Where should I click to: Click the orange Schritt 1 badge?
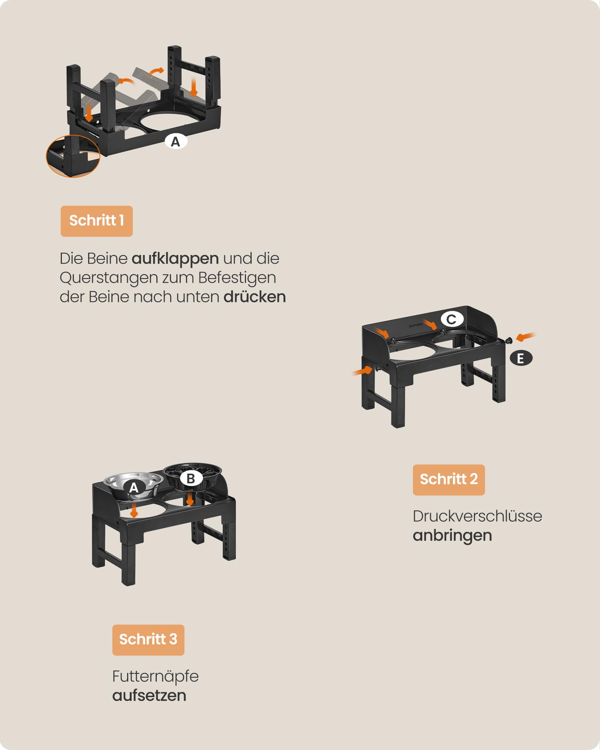coord(97,221)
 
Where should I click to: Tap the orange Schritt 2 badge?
coord(448,480)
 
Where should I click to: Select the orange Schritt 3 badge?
coord(148,640)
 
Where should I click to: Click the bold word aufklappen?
coord(175,259)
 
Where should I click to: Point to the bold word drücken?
coord(255,297)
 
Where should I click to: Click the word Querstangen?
coord(109,278)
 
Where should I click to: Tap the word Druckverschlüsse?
coord(477,516)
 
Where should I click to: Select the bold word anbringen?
coord(452,535)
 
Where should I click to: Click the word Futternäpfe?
coord(155,676)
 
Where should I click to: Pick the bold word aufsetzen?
coord(149,695)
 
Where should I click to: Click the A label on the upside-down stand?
coord(175,142)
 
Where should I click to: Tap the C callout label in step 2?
coord(452,319)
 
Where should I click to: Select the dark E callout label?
coord(521,358)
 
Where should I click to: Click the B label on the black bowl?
coord(190,478)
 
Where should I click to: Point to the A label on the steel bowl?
coord(134,487)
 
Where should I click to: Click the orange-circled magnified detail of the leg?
coord(73,156)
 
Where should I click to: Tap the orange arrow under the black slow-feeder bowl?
coord(190,499)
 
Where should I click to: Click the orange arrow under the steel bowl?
coord(134,510)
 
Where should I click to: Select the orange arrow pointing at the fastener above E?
coord(526,337)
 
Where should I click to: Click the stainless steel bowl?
coord(133,486)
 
